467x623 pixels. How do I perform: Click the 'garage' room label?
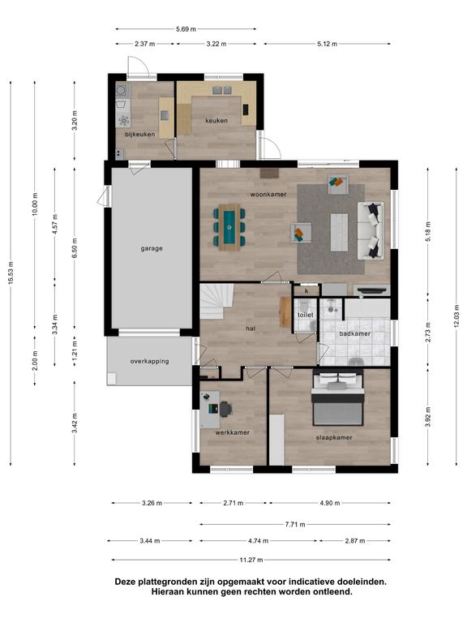(x=152, y=249)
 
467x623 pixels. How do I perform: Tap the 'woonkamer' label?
(x=268, y=195)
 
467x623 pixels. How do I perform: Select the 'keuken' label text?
(x=216, y=120)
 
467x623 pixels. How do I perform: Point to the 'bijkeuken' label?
(x=139, y=135)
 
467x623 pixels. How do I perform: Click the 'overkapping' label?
(x=149, y=361)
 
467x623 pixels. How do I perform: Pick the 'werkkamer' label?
(x=233, y=432)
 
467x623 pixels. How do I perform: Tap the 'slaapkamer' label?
(x=334, y=437)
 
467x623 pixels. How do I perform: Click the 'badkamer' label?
(x=354, y=333)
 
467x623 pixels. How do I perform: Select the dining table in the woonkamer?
(x=229, y=227)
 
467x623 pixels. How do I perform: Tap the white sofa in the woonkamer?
(x=371, y=231)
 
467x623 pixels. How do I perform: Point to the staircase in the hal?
(x=216, y=301)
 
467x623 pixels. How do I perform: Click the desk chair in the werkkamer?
(x=225, y=409)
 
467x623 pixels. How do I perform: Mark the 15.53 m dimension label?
(x=11, y=273)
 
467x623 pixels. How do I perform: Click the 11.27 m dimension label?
(x=251, y=560)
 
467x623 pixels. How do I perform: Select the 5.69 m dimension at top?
(x=186, y=29)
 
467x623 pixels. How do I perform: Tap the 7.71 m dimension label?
(x=295, y=525)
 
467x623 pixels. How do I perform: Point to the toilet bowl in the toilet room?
(x=304, y=307)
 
